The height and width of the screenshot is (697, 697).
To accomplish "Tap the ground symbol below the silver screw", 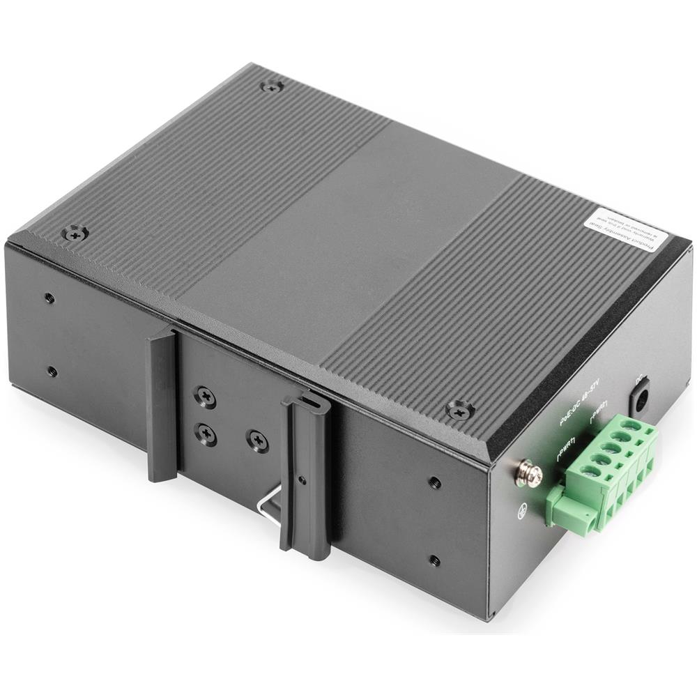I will pos(522,513).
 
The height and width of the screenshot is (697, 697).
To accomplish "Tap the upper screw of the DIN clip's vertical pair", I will pos(205,397).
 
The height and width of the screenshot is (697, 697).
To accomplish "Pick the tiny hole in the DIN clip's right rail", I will pos(300,480).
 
